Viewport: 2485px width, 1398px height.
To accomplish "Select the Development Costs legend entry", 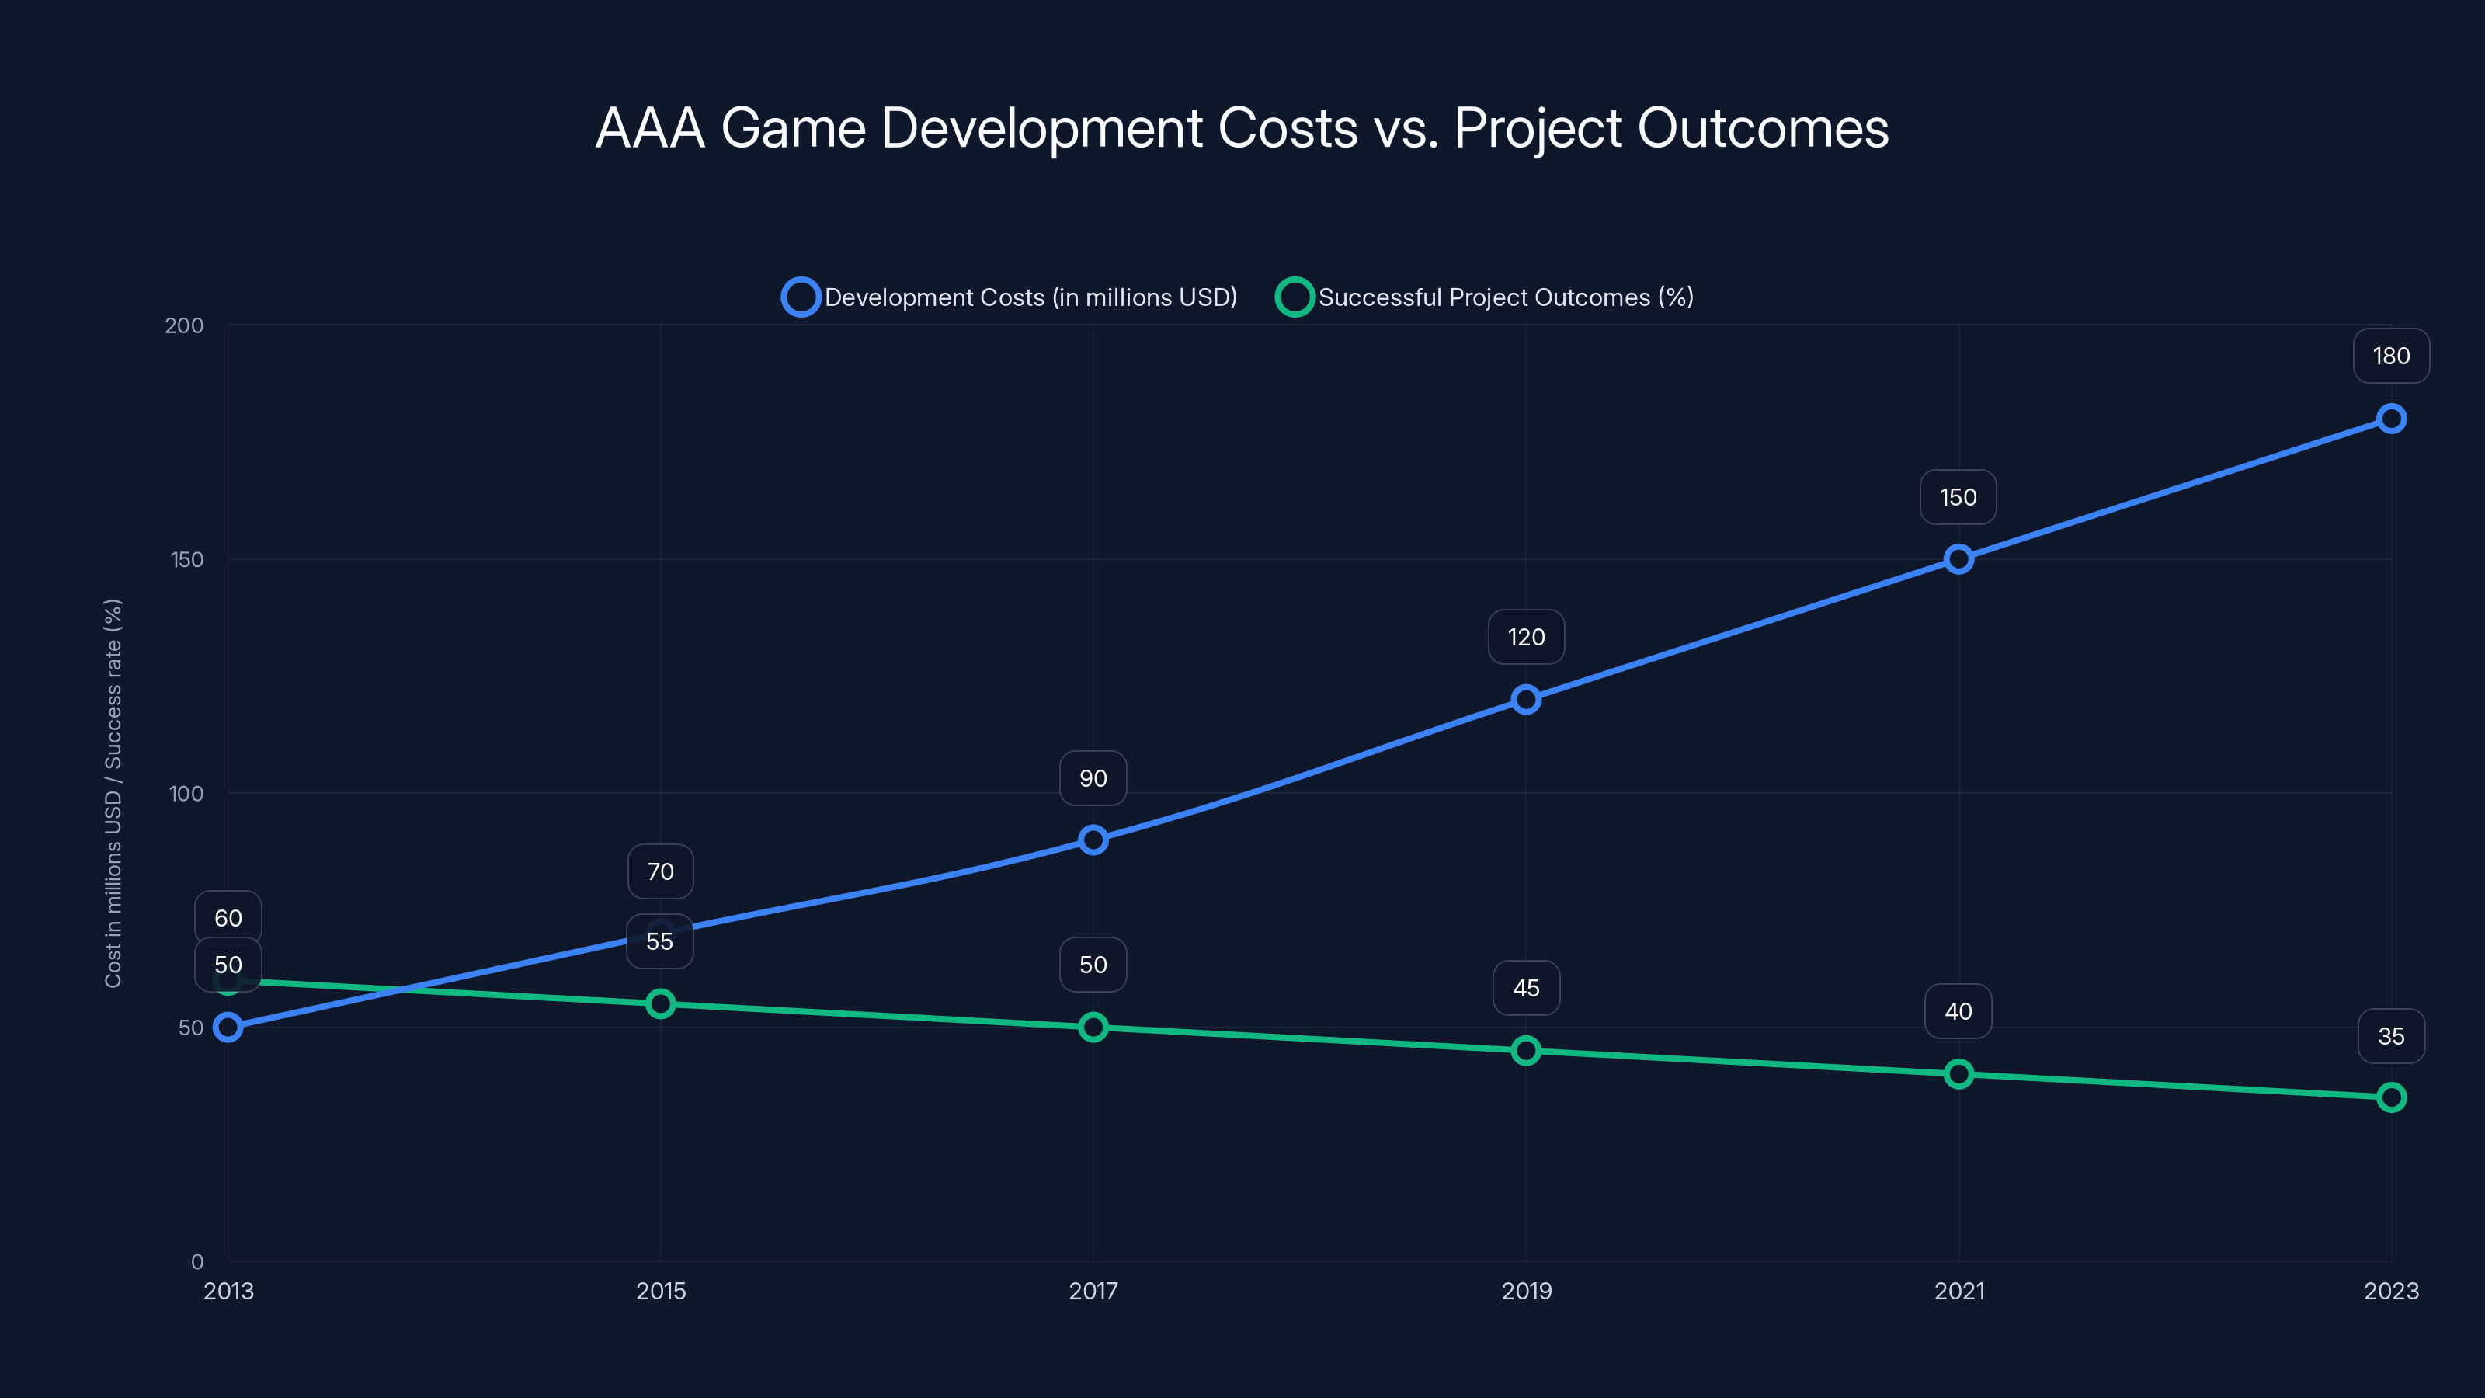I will coord(1009,297).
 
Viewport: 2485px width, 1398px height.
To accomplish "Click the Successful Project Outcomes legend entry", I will coord(1486,297).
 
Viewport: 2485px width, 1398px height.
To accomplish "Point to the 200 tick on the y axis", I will coord(184,325).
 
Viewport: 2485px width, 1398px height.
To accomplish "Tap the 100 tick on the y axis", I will coord(186,794).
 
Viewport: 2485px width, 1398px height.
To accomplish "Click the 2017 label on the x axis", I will coord(1093,1291).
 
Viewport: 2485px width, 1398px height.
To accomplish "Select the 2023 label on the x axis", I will coord(2390,1291).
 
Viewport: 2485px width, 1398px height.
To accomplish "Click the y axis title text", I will coord(113,793).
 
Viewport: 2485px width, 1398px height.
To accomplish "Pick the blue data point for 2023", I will coord(2390,419).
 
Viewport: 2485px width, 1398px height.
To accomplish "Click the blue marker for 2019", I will coord(1525,700).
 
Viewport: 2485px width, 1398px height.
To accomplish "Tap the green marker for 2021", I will coord(1958,1074).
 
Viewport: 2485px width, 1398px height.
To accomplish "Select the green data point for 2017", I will coord(1093,1028).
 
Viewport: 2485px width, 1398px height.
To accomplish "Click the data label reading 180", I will coord(2390,356).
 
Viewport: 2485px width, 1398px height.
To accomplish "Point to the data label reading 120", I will coord(1525,637).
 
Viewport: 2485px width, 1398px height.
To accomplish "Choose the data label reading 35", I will coord(2390,1036).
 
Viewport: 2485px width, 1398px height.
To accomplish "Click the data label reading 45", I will coord(1525,988).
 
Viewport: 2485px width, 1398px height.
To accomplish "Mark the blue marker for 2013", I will coord(228,1028).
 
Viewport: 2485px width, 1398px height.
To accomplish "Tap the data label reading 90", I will coord(1093,778).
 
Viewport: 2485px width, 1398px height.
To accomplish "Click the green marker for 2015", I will coord(661,1004).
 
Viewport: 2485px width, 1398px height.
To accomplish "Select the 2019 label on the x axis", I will coord(1526,1291).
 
